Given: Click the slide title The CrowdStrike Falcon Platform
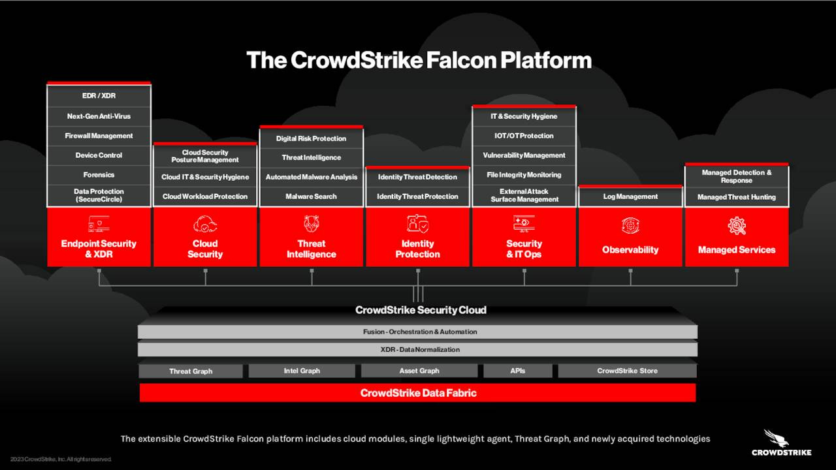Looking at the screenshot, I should click(x=419, y=60).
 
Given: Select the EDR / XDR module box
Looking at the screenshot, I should click(x=99, y=96).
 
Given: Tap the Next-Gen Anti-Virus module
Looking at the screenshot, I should click(x=99, y=116).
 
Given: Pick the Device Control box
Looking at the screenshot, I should click(x=99, y=155).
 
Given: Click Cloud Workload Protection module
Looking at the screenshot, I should click(x=205, y=196).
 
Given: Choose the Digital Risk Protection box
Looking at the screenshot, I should click(x=311, y=138).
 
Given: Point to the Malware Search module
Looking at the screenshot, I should click(x=311, y=196).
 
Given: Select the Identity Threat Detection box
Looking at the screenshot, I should click(x=417, y=177).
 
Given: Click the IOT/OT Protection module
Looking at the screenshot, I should click(x=524, y=136).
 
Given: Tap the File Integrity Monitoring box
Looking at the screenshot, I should click(x=524, y=175).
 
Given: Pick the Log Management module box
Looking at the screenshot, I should click(x=630, y=196).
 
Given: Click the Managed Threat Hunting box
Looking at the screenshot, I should click(x=736, y=197).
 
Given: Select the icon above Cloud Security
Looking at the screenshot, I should click(x=205, y=225).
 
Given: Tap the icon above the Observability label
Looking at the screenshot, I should click(x=630, y=227).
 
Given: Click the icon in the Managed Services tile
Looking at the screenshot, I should click(x=736, y=227).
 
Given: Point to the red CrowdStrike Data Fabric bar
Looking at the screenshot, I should click(x=418, y=393).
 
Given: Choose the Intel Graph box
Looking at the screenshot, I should click(x=302, y=371).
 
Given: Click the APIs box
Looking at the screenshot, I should click(x=517, y=371).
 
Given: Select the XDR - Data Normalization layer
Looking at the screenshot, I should click(x=418, y=350).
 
